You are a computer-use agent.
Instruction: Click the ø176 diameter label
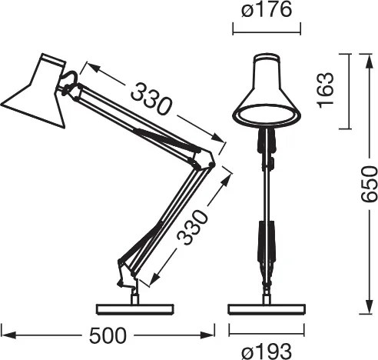click(x=266, y=12)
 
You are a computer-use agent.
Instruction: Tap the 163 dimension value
click(x=326, y=91)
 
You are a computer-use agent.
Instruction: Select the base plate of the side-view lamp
click(x=134, y=308)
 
